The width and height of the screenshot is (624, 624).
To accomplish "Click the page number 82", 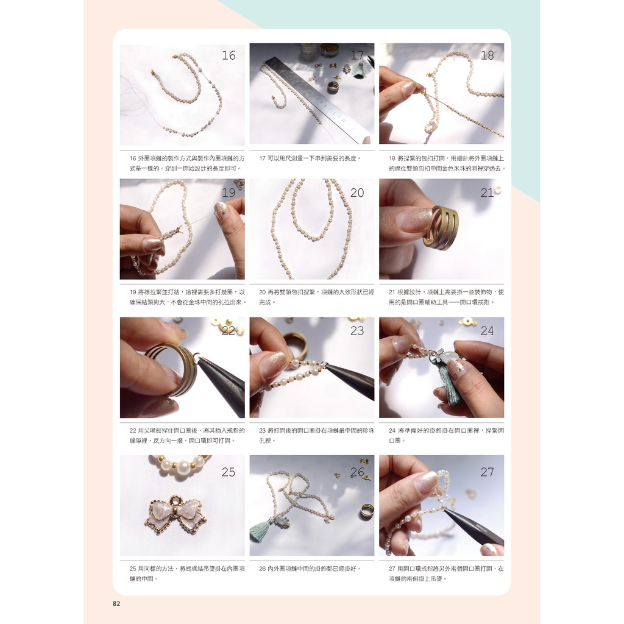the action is pos(116,603).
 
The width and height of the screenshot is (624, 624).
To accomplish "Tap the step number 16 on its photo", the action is pos(229,55).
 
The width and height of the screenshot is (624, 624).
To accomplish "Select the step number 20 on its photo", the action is pos(357,193).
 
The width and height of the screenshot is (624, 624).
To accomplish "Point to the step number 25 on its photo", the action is pos(229,472).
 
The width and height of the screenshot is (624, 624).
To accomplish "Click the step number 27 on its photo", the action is pos(487,472).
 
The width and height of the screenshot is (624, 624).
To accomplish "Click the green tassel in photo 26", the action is pos(261,530).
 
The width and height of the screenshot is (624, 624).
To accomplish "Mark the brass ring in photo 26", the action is pos(366,511).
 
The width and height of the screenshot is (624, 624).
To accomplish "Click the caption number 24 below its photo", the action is pos(392,430).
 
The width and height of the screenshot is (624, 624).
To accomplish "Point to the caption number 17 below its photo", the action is pos(262,158).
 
